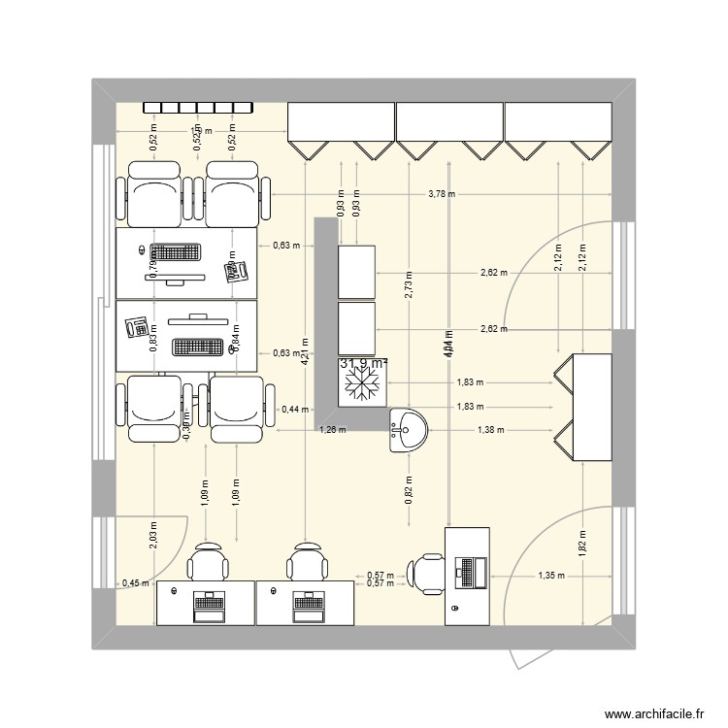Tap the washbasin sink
point(409,429)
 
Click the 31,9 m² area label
point(364,364)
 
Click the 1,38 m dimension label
point(491,429)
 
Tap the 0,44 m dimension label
point(291,410)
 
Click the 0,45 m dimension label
point(135,583)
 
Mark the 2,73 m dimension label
point(409,282)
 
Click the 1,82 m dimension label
point(581,542)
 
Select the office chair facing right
point(426,573)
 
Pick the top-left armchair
point(154,193)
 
